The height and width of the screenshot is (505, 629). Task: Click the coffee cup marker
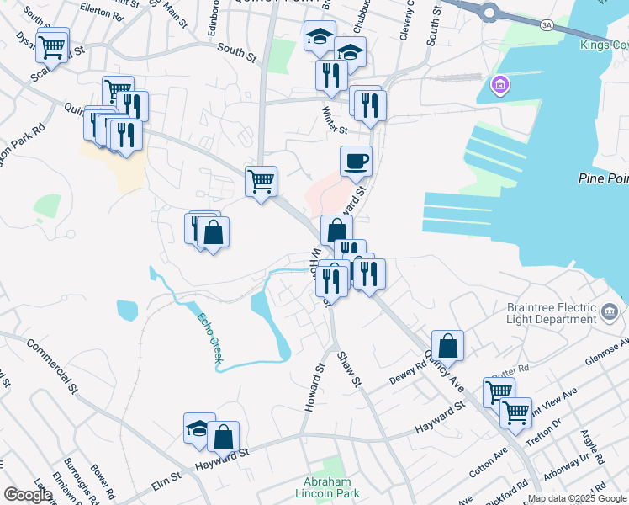[357, 161]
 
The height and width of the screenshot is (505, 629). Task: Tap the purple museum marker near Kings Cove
[499, 85]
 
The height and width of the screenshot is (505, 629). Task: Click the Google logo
[28, 496]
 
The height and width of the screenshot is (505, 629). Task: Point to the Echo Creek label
[210, 338]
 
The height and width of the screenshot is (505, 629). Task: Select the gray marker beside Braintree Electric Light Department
[610, 313]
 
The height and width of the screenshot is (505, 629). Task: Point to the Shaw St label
[349, 369]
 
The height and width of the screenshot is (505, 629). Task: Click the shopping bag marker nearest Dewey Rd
[447, 345]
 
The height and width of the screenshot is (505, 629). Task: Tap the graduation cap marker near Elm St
[199, 428]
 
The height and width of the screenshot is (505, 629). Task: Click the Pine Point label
[603, 178]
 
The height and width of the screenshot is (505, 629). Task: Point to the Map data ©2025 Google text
[577, 498]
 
